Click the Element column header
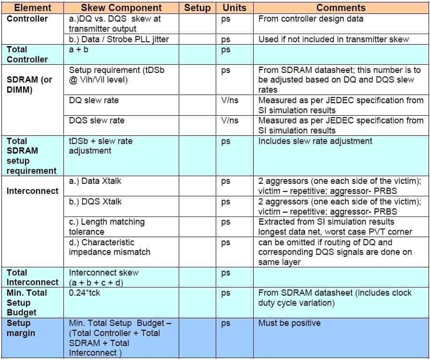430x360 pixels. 32,8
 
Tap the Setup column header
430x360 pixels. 197,8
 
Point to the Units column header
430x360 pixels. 234,8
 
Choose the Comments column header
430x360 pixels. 341,8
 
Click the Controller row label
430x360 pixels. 27,19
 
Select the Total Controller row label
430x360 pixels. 27,54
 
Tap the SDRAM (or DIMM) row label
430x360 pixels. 30,84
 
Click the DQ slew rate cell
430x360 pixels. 94,100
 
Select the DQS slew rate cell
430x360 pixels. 97,120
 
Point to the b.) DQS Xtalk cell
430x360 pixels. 95,202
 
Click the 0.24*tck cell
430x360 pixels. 85,292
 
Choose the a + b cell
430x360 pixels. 79,49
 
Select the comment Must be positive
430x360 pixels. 289,323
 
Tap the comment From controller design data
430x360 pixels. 311,19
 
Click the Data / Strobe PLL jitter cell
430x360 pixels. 119,39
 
